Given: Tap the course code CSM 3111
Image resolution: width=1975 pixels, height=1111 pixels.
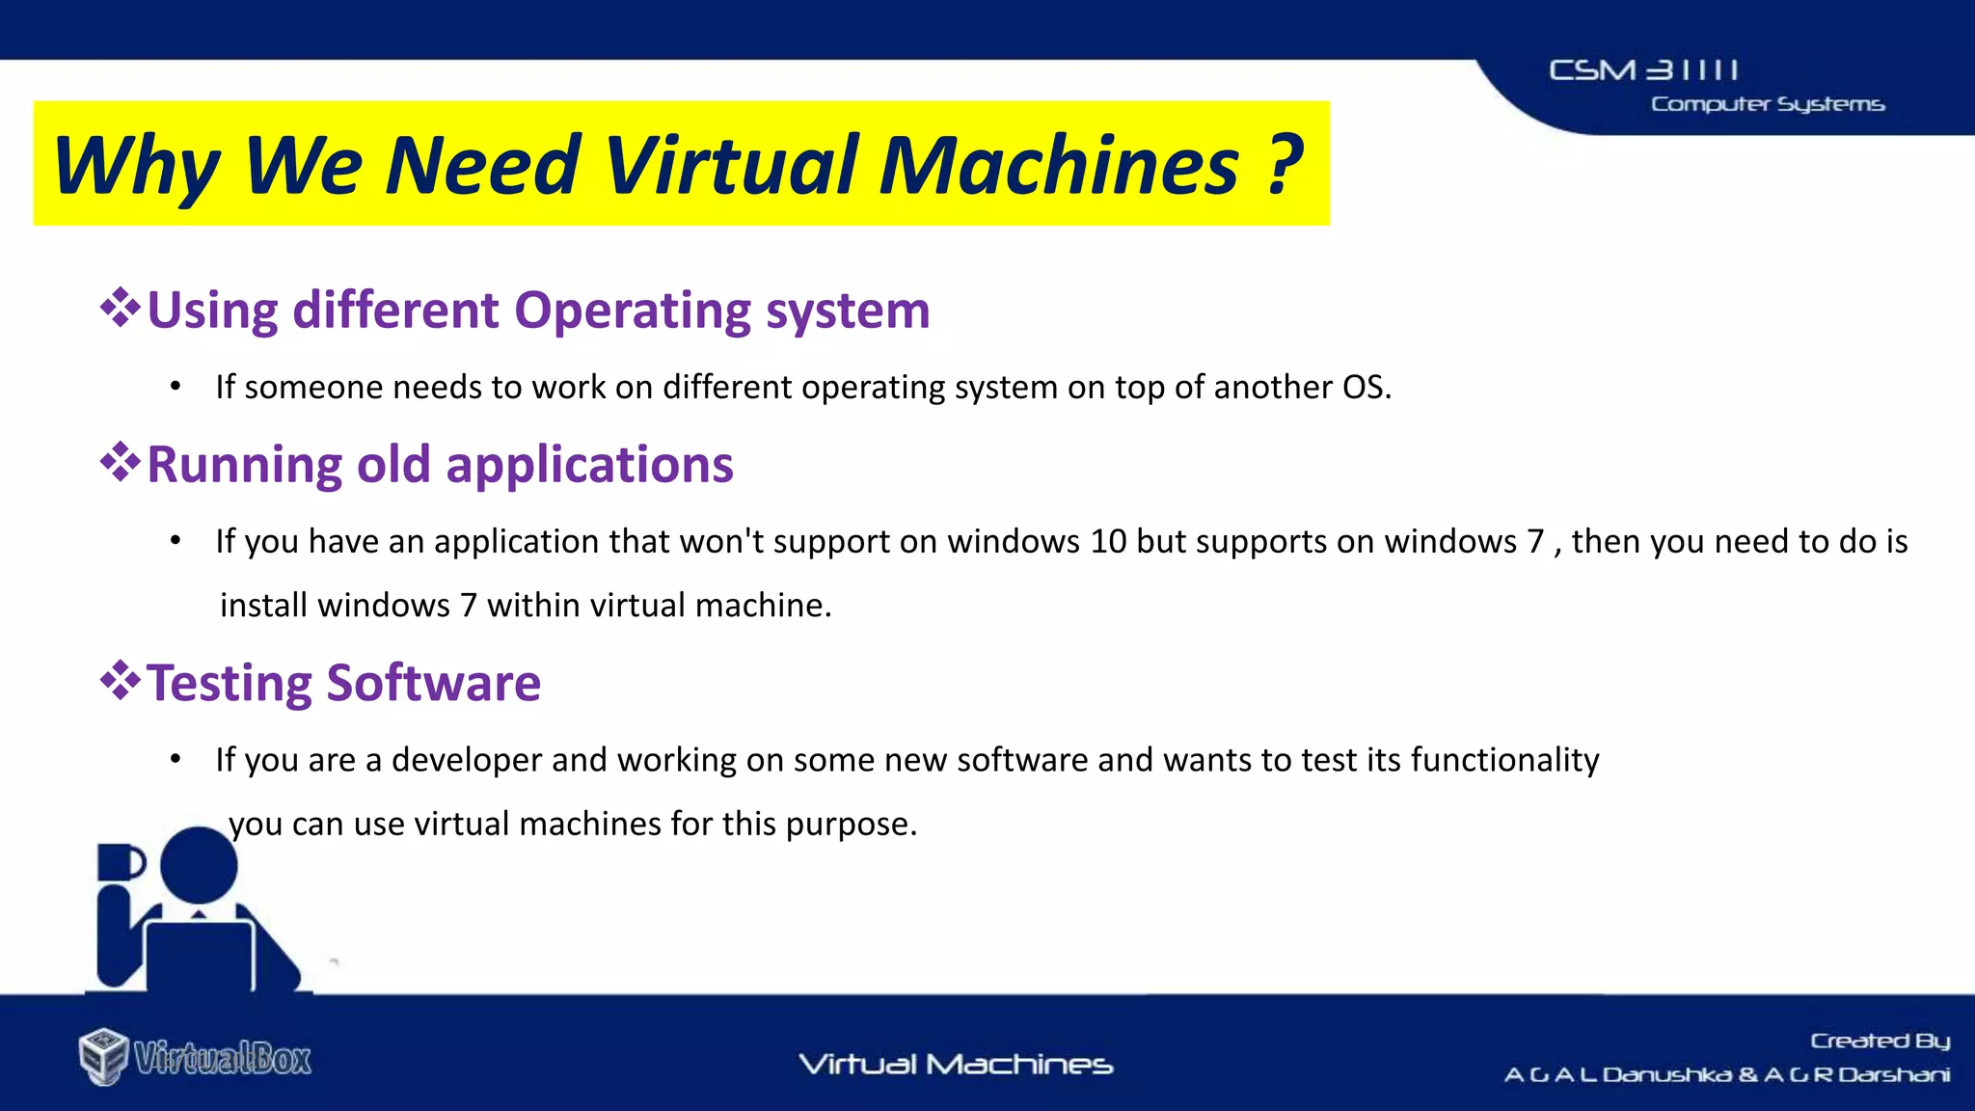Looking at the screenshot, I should click(x=1643, y=70).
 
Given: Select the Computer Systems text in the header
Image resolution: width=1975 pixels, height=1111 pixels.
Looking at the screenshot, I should click(x=1767, y=104).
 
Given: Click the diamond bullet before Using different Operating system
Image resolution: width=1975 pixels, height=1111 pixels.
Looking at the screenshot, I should click(x=121, y=309).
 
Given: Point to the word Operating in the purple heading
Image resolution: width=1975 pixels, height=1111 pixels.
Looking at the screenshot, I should click(x=632, y=312).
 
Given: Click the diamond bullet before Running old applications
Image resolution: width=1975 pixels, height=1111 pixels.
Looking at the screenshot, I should click(x=121, y=463).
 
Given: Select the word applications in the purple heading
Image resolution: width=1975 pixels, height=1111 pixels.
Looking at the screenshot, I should click(x=589, y=466).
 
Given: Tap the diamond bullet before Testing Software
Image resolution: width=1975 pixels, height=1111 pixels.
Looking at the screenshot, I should click(x=121, y=681).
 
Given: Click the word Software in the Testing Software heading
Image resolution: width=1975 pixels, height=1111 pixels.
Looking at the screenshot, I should click(x=433, y=683).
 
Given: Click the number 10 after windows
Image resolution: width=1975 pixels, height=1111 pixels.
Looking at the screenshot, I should click(x=1108, y=541).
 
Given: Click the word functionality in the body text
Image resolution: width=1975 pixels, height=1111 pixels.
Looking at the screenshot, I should click(x=1504, y=760).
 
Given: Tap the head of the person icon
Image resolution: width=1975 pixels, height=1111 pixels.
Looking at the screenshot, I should click(x=199, y=864).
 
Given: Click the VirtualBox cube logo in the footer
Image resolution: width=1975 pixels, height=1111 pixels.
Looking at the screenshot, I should click(x=103, y=1056).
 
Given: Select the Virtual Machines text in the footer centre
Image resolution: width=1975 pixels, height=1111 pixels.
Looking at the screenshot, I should click(x=956, y=1065).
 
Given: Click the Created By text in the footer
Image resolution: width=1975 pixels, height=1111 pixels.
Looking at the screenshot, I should click(x=1880, y=1041).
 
